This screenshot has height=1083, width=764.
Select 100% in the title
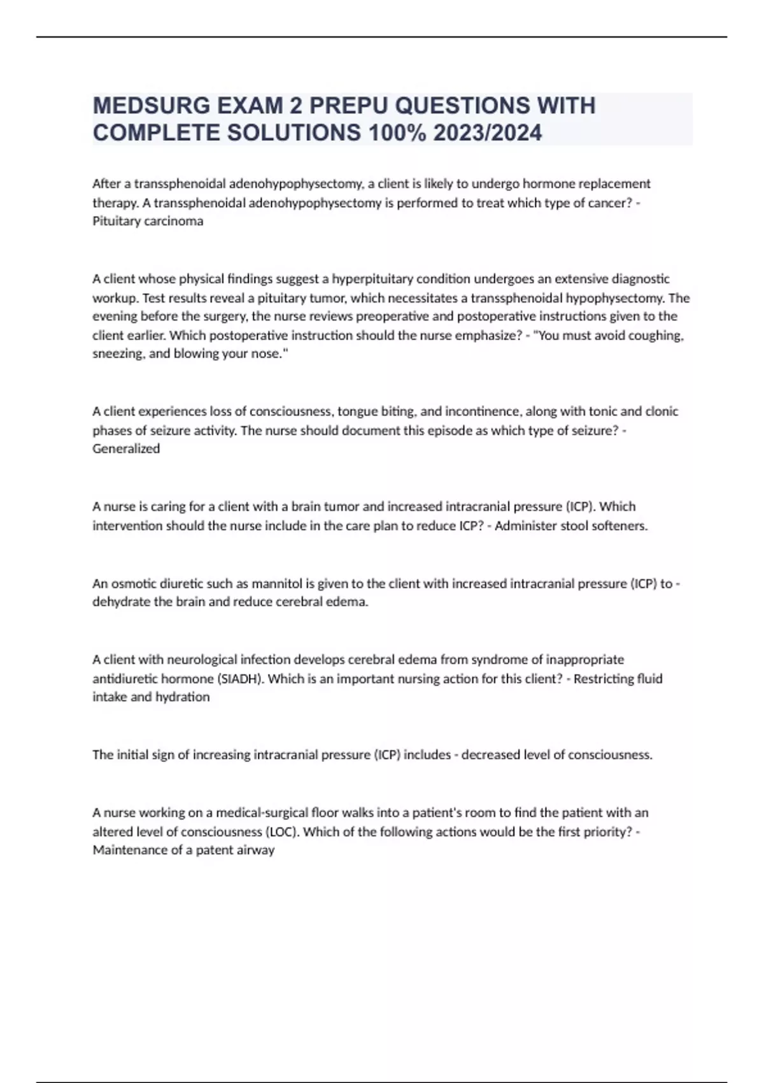[396, 133]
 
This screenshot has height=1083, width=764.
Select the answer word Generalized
[126, 448]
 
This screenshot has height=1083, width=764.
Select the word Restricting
[604, 678]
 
